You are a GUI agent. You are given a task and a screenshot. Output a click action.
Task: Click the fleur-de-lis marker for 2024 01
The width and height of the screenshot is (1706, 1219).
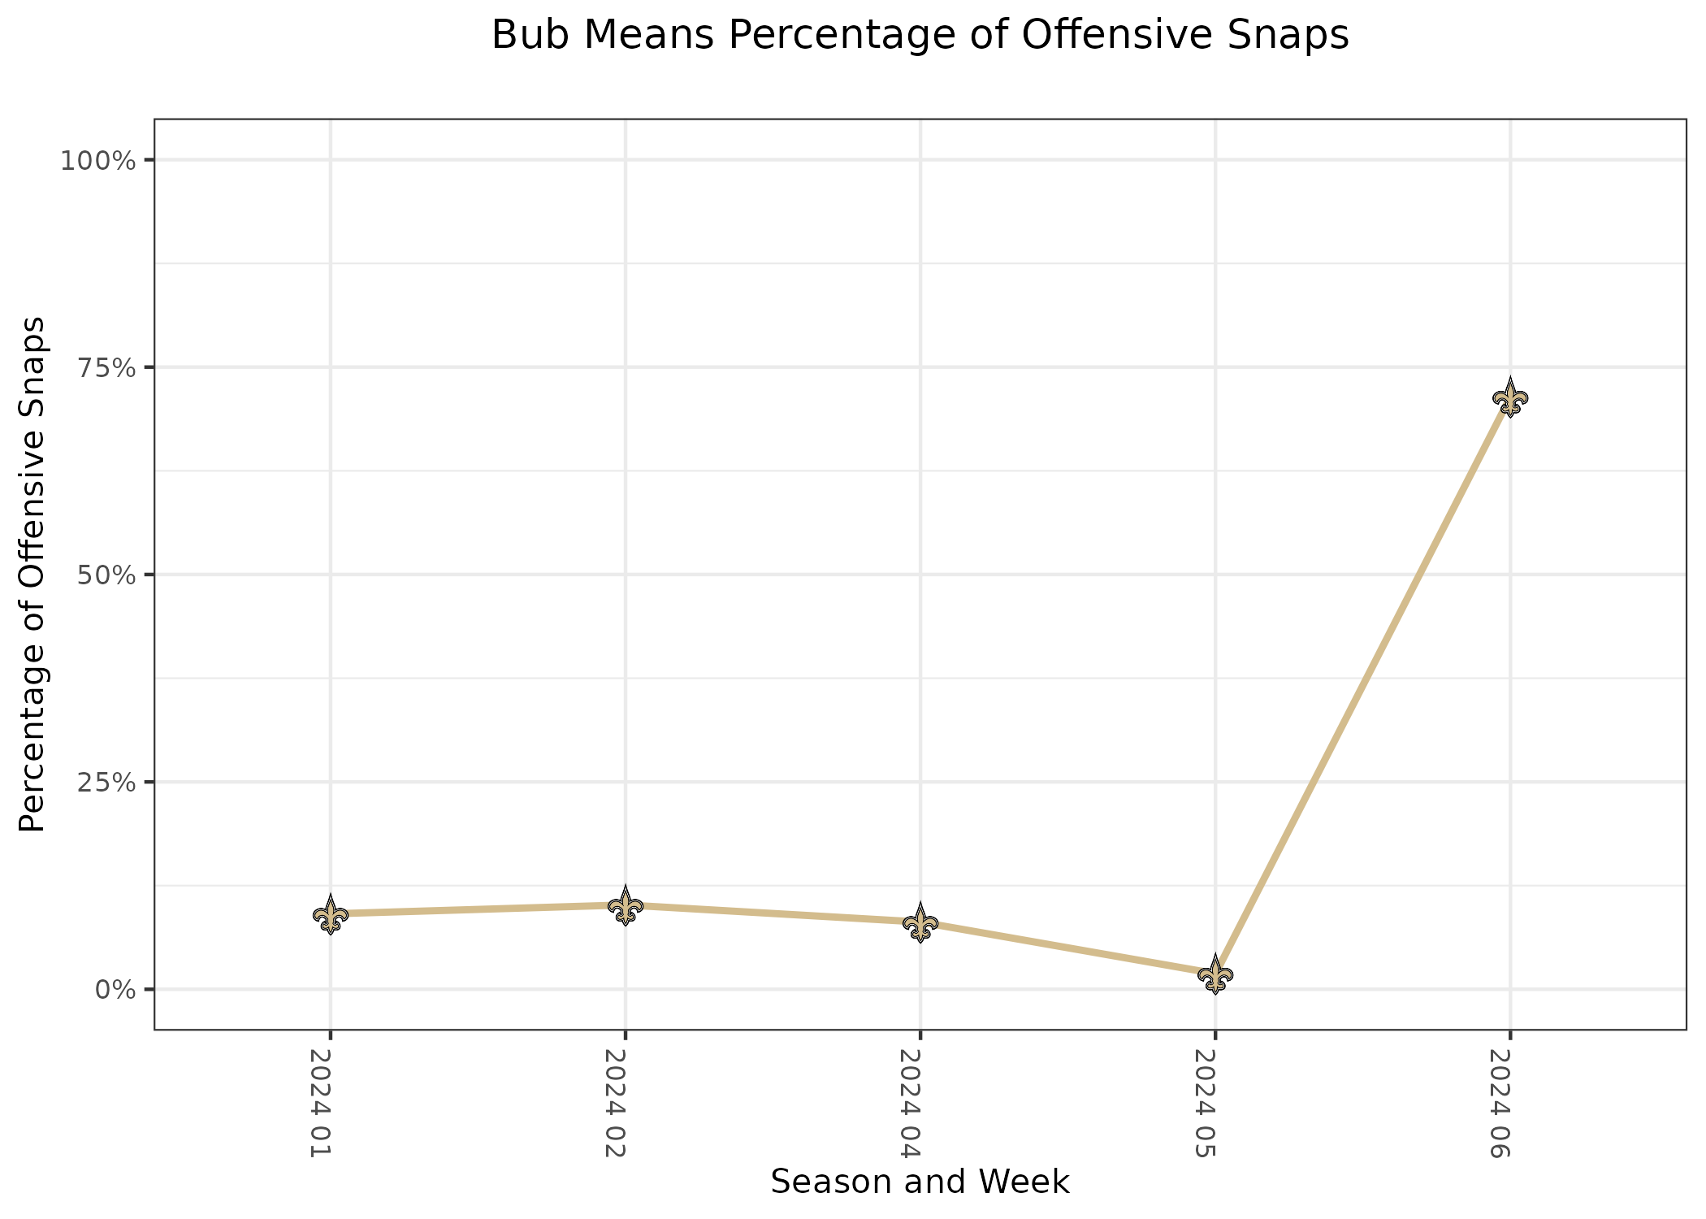(330, 915)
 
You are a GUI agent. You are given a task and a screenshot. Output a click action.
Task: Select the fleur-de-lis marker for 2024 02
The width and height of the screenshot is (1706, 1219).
(626, 905)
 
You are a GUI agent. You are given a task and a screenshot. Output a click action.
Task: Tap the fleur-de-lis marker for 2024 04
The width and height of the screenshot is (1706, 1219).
(920, 923)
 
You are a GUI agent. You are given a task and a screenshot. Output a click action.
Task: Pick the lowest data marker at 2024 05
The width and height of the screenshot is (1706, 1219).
(1215, 974)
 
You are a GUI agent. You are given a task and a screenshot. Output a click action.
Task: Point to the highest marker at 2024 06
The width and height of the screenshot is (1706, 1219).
(1510, 398)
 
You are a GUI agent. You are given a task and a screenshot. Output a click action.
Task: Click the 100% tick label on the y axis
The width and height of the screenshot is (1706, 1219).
(97, 160)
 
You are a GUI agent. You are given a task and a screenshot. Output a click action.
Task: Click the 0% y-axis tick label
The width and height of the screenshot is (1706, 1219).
(114, 989)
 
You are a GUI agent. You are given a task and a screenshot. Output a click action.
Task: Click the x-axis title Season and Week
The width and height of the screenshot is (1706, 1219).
(920, 1182)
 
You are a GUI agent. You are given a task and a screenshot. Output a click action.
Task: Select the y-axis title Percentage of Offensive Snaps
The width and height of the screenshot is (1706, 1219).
(32, 575)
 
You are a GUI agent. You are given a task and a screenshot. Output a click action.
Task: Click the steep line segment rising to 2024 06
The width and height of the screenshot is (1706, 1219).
(1363, 687)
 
